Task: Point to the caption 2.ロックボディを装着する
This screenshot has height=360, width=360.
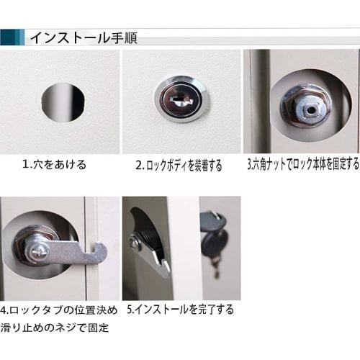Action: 179,165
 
